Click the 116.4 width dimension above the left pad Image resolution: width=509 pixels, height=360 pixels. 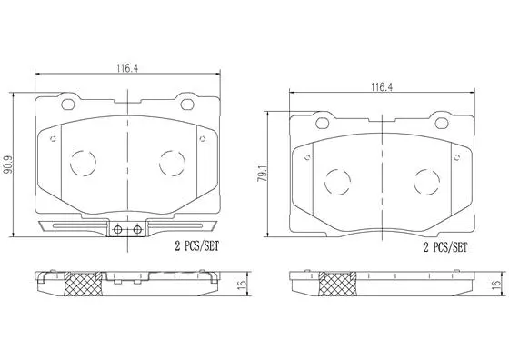tap(127, 65)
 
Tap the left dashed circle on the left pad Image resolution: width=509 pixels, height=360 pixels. tap(84, 163)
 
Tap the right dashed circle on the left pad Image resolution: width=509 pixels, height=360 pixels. tap(171, 163)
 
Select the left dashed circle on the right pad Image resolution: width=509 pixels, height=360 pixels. tap(337, 178)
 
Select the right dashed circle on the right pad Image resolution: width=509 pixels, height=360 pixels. tap(425, 178)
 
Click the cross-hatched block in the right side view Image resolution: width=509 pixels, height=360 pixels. tap(337, 286)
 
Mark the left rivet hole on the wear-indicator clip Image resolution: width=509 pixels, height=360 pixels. tap(118, 229)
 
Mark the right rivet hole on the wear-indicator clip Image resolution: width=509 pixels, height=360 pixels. tap(135, 229)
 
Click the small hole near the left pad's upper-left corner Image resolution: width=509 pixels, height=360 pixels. tap(54, 139)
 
